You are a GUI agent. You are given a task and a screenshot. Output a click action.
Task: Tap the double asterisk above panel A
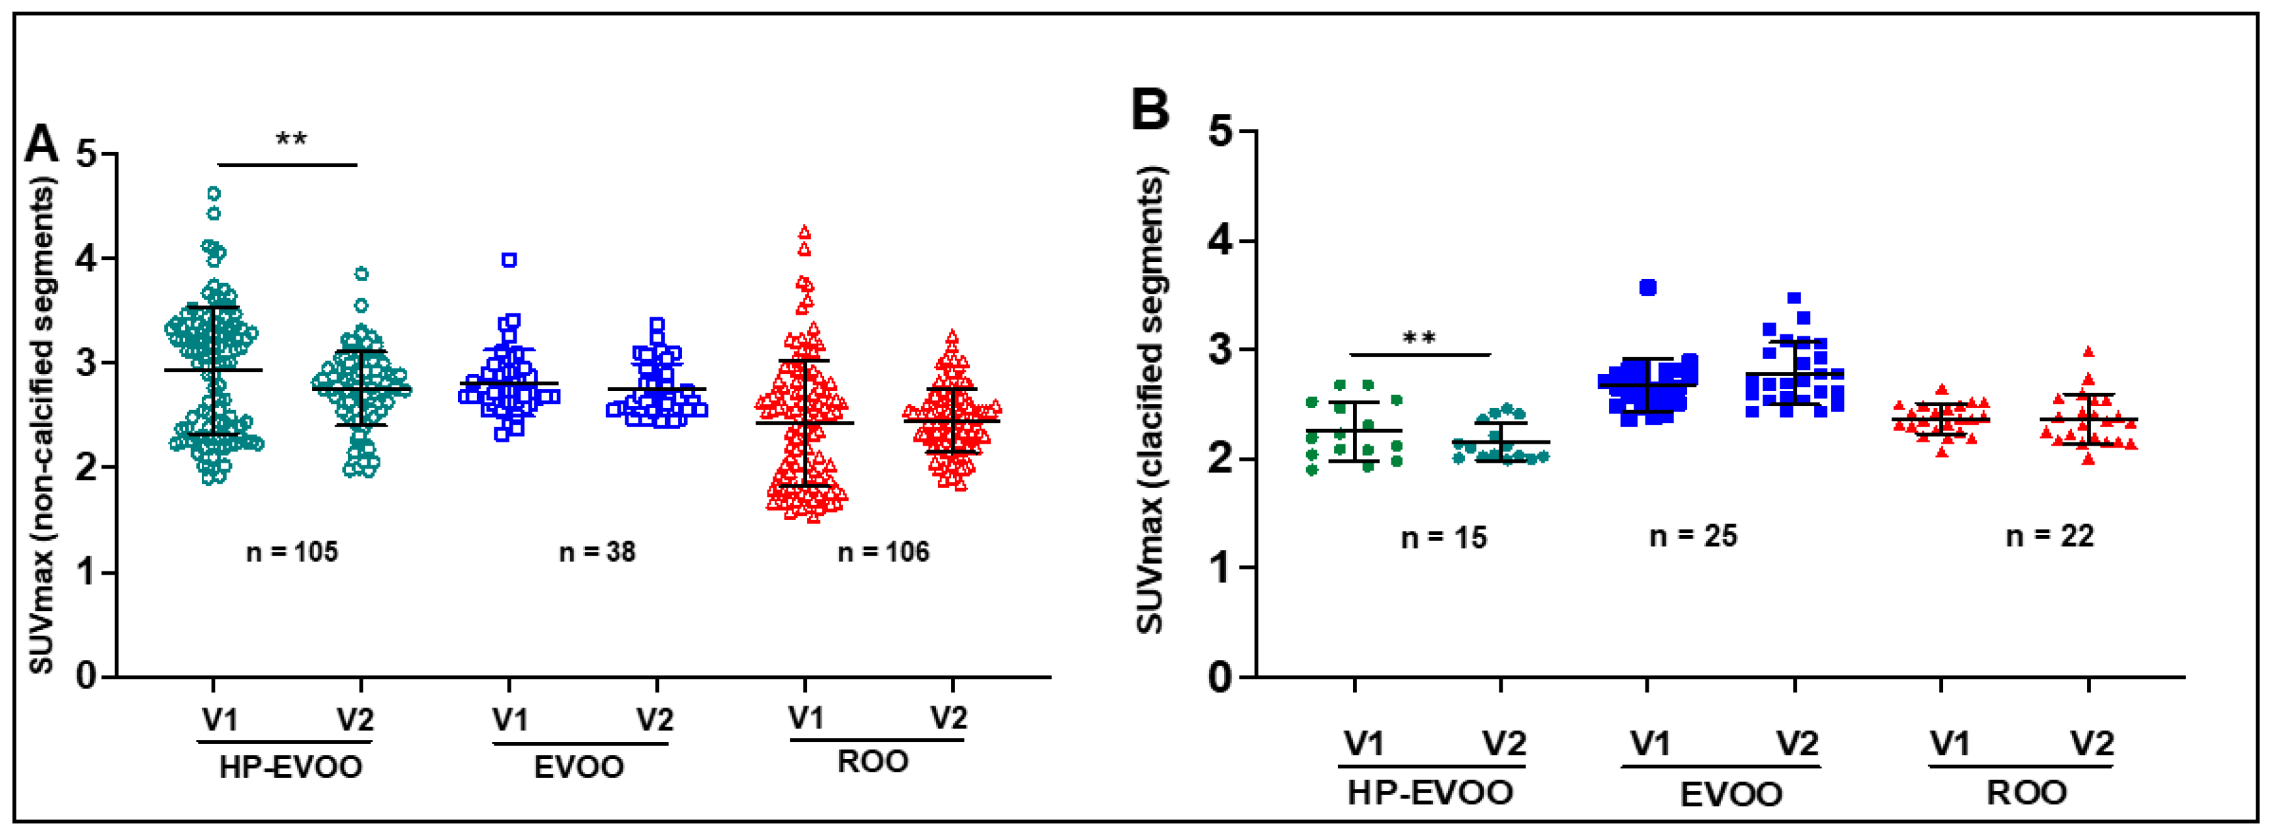click(x=291, y=140)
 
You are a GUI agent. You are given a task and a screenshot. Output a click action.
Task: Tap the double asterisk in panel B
click(x=1419, y=338)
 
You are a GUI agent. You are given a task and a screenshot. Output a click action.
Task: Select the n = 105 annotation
click(x=292, y=552)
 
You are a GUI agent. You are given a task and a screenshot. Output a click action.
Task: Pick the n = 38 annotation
click(x=597, y=552)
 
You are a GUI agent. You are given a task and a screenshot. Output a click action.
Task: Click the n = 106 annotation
click(x=883, y=552)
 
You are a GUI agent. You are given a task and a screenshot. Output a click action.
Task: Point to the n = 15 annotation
click(x=1444, y=538)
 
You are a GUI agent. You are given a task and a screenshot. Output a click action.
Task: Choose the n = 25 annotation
click(x=1693, y=536)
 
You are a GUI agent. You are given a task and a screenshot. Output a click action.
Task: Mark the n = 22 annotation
click(x=2049, y=536)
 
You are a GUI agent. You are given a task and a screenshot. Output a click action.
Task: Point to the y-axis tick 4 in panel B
click(x=1221, y=241)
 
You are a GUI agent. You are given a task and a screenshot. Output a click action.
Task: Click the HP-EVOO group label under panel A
click(x=290, y=767)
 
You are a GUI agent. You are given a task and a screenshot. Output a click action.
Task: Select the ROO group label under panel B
click(x=2026, y=793)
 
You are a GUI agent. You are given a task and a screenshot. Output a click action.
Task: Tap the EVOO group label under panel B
click(x=1730, y=795)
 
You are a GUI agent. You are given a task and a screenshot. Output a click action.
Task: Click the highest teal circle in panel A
click(x=213, y=194)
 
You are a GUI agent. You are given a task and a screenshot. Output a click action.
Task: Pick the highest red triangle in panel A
click(x=804, y=232)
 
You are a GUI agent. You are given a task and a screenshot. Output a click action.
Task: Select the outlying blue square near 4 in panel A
click(x=509, y=259)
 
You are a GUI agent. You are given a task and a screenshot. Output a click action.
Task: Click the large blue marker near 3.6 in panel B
click(x=1647, y=288)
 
